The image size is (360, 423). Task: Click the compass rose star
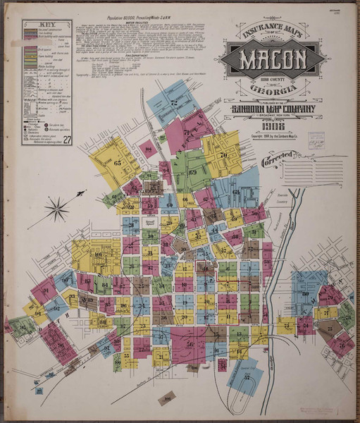pos(58,207)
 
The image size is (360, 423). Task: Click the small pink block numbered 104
pos(147,149)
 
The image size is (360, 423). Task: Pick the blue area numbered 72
pos(171,103)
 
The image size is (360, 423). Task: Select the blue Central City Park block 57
pos(247,376)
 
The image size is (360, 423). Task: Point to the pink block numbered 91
pos(46,289)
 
